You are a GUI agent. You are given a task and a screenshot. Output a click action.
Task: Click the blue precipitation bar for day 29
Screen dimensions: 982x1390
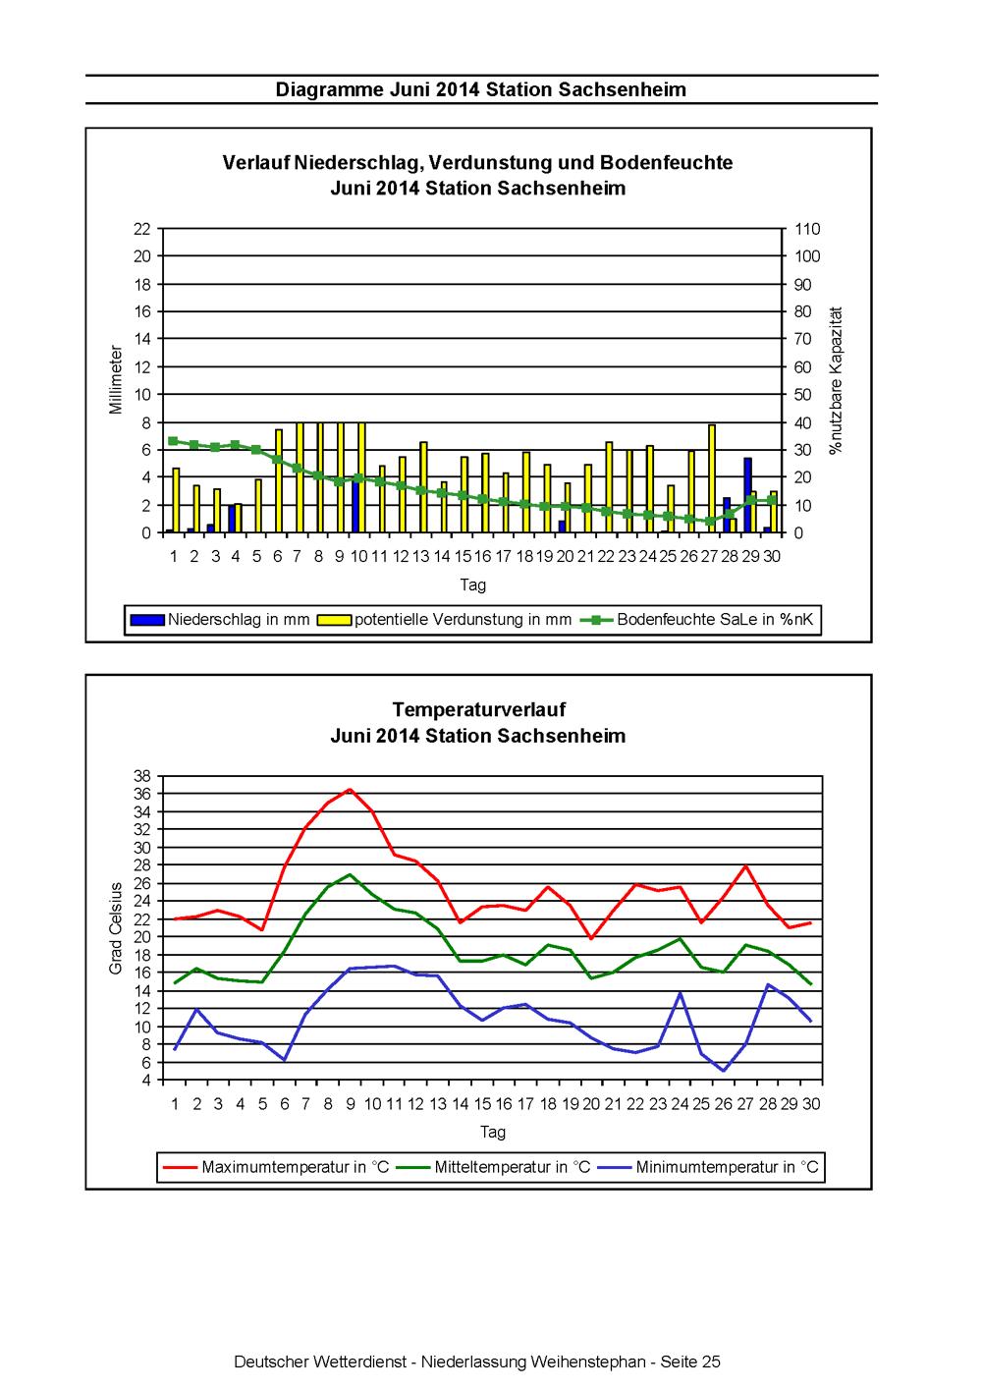click(x=747, y=494)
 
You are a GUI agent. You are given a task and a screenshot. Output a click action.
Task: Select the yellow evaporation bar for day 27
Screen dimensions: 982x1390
click(x=712, y=478)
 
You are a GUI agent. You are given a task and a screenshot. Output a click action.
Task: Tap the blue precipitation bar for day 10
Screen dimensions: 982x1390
click(x=356, y=505)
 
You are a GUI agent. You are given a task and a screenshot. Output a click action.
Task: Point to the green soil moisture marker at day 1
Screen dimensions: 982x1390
click(x=173, y=441)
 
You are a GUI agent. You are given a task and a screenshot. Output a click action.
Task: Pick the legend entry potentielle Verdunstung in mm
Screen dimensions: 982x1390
click(x=444, y=619)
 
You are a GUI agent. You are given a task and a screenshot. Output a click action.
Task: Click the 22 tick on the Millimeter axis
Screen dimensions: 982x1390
click(x=142, y=229)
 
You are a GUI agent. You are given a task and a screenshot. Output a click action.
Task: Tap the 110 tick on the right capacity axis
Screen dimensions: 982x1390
click(x=807, y=229)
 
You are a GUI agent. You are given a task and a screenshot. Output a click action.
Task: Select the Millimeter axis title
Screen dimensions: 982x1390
click(x=116, y=380)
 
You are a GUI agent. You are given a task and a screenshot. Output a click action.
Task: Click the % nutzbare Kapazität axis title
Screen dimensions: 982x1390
click(x=837, y=380)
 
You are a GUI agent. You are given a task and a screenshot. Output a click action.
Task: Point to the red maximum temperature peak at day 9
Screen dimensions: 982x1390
click(x=350, y=790)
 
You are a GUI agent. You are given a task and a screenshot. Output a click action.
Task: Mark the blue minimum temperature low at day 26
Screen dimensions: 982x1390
click(x=724, y=1071)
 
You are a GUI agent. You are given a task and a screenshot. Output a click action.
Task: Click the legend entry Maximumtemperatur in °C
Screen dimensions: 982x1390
click(x=276, y=1167)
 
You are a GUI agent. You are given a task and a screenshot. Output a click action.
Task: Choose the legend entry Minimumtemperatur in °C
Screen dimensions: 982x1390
click(x=708, y=1167)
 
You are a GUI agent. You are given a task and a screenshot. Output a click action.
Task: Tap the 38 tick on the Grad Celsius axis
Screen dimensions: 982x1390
click(x=142, y=776)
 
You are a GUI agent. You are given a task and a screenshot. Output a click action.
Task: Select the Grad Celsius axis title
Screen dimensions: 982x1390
click(x=116, y=928)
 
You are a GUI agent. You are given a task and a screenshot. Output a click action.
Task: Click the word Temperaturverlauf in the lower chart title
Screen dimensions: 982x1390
click(x=479, y=709)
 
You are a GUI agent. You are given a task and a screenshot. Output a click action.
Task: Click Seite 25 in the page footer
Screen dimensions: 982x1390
click(x=689, y=1362)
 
